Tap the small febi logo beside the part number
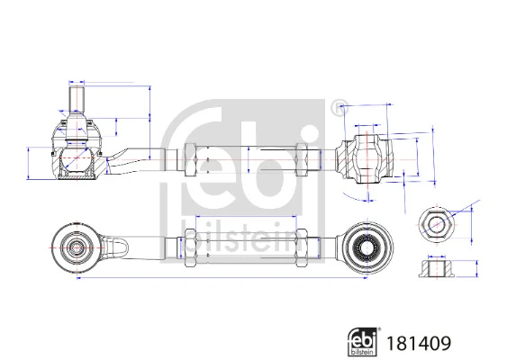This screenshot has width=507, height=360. [362, 341]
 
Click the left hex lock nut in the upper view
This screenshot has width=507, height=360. [191, 160]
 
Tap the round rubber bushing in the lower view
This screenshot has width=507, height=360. [365, 244]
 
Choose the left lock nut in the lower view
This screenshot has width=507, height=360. [191, 245]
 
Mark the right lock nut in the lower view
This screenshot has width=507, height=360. [303, 245]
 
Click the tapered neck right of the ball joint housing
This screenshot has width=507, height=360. [126, 159]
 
